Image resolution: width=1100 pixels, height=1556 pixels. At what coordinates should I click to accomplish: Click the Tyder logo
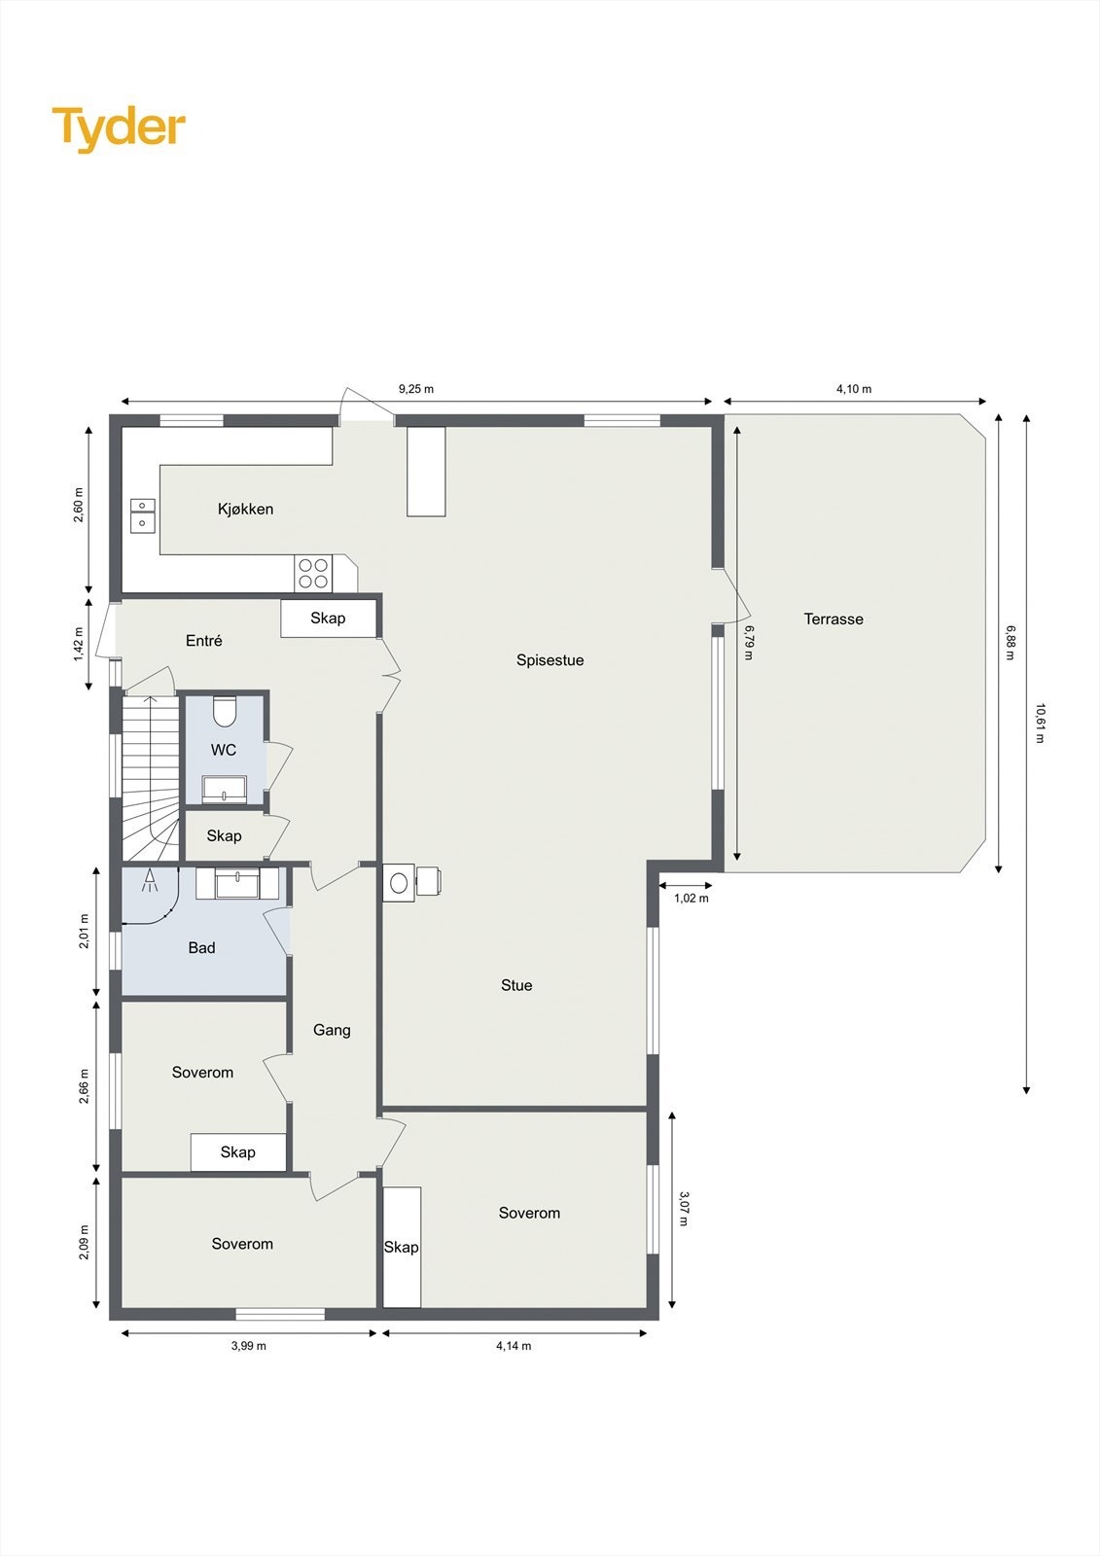(x=119, y=128)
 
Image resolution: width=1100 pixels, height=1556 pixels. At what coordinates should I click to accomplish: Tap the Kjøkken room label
(x=245, y=509)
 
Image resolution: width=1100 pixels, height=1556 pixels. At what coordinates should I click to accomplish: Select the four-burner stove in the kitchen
(x=313, y=573)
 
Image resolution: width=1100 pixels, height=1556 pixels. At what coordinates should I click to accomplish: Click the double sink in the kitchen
(x=143, y=514)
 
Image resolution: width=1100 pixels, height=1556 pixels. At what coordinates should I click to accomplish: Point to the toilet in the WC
(x=225, y=712)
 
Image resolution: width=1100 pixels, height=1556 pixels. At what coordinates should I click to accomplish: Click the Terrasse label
(x=834, y=619)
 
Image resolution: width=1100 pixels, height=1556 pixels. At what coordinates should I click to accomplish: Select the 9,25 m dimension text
(x=416, y=389)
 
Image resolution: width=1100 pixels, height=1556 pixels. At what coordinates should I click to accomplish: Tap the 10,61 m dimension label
(x=1040, y=723)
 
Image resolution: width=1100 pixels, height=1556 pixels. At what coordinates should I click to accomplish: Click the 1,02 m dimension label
(x=692, y=899)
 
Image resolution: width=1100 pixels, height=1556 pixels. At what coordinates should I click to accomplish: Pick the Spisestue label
(x=550, y=660)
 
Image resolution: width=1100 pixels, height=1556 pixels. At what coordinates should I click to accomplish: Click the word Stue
(x=516, y=985)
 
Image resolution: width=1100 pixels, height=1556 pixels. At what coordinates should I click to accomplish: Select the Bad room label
(x=201, y=948)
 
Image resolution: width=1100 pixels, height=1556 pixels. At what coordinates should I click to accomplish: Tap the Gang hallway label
(x=332, y=1030)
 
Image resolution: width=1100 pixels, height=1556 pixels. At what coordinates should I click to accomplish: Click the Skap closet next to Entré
(x=328, y=619)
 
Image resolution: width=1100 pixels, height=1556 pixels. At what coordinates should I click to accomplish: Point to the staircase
(x=150, y=778)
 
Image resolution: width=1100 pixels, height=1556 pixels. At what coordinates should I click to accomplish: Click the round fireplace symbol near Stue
(x=399, y=883)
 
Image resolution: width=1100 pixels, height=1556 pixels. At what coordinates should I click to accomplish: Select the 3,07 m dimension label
(x=684, y=1208)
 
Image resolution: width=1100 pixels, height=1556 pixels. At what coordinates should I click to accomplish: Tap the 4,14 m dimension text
(x=514, y=1346)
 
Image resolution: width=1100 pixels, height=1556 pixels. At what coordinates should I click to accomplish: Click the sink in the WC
(x=224, y=789)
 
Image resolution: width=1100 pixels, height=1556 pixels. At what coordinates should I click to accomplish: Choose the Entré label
(x=204, y=641)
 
